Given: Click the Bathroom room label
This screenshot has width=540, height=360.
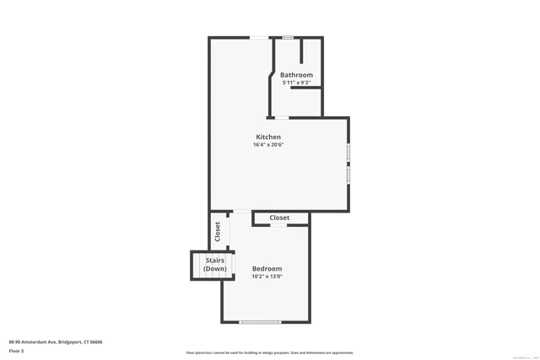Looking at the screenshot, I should coord(296,75).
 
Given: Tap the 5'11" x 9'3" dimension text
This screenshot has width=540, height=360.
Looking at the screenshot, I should coord(296,83).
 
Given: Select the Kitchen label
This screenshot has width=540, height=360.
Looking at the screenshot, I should coord(268,137).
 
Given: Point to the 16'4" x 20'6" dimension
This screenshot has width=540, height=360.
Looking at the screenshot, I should coord(268,145).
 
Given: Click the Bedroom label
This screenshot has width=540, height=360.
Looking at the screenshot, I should coord(267,269).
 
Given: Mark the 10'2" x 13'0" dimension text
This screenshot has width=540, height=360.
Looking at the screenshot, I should coord(267,277).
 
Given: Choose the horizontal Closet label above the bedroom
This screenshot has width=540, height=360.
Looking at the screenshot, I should coord(279,218).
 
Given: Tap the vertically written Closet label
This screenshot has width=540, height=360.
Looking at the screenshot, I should coord(218,232).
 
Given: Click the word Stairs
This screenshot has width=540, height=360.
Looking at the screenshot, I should coord(214,261).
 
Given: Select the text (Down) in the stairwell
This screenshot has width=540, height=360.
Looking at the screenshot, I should coord(214,269).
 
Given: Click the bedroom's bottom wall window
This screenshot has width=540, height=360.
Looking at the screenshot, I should coord(260,322).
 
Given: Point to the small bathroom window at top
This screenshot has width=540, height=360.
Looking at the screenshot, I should coord(288,37).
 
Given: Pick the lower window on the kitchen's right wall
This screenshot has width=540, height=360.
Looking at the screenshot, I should coord(348,175).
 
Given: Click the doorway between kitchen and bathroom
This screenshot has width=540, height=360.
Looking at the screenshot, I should coord(282,117).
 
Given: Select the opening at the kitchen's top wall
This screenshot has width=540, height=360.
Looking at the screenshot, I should coord(261,37).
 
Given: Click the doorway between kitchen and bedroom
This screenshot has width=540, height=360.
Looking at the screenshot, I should coord(240,211).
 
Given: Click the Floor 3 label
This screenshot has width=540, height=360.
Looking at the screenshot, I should coord(17,350).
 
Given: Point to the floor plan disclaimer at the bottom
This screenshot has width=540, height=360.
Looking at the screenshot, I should coord(270,352).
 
